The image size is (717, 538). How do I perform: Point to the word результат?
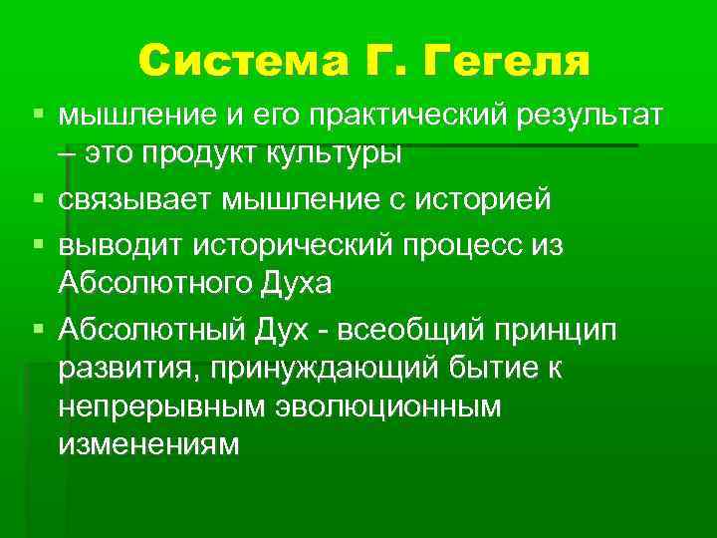[588, 119]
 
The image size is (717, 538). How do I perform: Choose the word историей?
[484, 199]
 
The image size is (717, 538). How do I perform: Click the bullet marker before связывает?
[37, 199]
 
